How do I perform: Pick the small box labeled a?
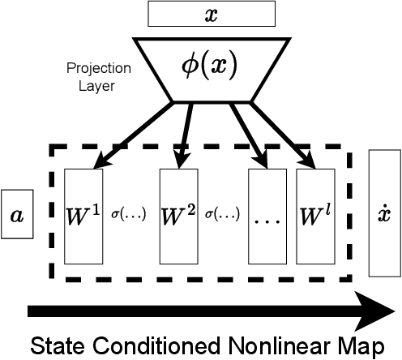(x=17, y=215)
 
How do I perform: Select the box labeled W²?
(x=178, y=216)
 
